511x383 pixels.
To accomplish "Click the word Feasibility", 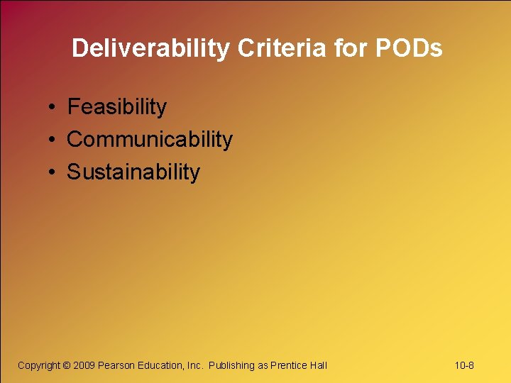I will tap(117, 107).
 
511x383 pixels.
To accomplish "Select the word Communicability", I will tap(150, 140).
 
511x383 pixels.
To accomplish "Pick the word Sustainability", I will tap(133, 172).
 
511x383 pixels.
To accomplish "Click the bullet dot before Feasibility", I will tap(53, 108).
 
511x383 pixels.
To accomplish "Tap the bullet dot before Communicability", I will tap(53, 140).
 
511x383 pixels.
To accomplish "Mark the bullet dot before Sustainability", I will tap(53, 172).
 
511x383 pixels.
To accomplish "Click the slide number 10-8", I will tap(464, 365).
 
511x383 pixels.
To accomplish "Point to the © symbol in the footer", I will tap(67, 365).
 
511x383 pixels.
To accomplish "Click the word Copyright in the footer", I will tap(39, 365).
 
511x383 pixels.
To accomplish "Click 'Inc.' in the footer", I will tap(196, 365).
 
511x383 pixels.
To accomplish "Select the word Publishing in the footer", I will tap(231, 365).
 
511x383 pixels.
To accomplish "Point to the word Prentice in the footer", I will tap(289, 365).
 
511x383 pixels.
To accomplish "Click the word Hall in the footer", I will tap(318, 365).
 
